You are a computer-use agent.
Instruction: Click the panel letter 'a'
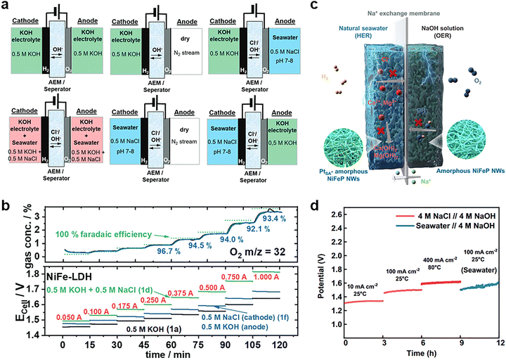point(6,6)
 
